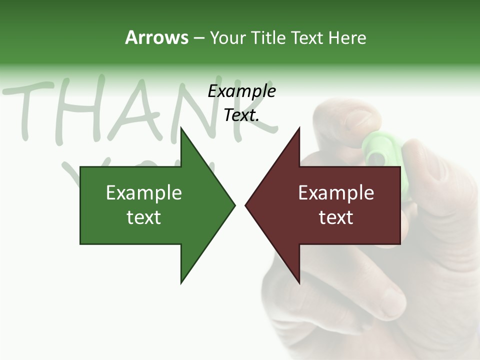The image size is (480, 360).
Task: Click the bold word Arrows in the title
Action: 156,37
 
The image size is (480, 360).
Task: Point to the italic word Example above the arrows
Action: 241,91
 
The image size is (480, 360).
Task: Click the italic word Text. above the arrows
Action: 241,115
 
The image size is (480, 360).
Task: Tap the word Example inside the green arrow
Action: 144,193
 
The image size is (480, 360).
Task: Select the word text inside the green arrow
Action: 144,217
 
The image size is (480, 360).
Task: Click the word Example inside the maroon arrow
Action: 336,193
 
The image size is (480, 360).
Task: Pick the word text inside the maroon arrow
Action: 336,217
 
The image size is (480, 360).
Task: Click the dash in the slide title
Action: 198,38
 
